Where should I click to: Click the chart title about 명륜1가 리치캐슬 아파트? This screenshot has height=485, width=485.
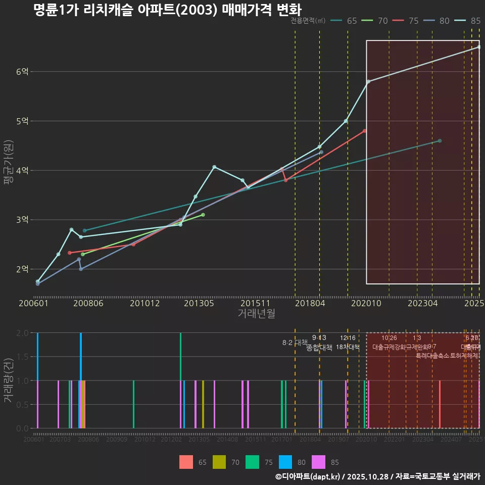pyautogui.click(x=167, y=10)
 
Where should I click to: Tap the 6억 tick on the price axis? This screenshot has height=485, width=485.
pyautogui.click(x=22, y=72)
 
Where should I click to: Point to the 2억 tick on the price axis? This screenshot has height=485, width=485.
pyautogui.click(x=22, y=269)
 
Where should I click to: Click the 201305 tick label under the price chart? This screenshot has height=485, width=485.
pyautogui.click(x=199, y=303)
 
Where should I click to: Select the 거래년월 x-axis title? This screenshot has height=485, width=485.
pyautogui.click(x=256, y=314)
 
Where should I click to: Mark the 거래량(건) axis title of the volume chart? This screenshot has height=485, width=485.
pyautogui.click(x=7, y=380)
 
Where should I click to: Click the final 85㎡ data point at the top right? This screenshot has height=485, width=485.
pyautogui.click(x=479, y=47)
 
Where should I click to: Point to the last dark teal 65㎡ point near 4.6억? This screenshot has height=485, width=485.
pyautogui.click(x=440, y=140)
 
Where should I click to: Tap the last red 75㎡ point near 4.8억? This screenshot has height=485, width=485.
pyautogui.click(x=365, y=131)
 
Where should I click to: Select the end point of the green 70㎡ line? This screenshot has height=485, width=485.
pyautogui.click(x=203, y=215)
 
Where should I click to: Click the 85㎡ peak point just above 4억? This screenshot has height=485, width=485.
pyautogui.click(x=214, y=167)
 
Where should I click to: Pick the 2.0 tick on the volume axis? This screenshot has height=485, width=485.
pyautogui.click(x=22, y=333)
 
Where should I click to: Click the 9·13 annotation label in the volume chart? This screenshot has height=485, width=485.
pyautogui.click(x=319, y=337)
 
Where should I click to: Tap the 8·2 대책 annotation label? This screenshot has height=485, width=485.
pyautogui.click(x=295, y=343)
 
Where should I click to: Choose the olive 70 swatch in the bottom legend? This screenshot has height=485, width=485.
pyautogui.click(x=219, y=462)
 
